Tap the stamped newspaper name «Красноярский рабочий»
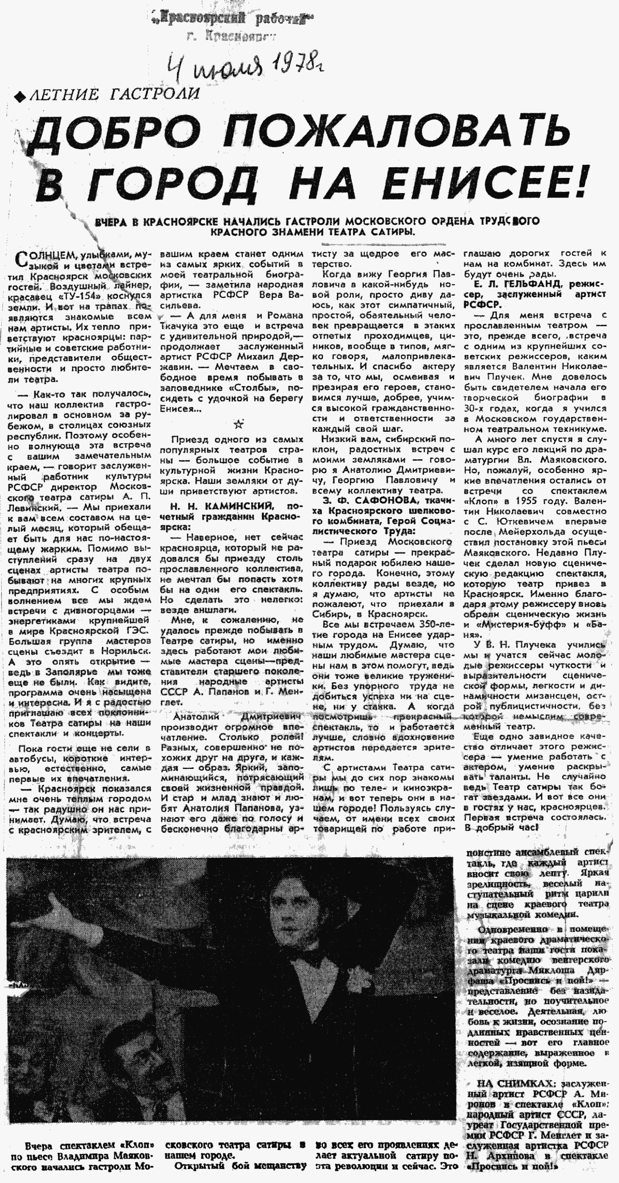point(233,20)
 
